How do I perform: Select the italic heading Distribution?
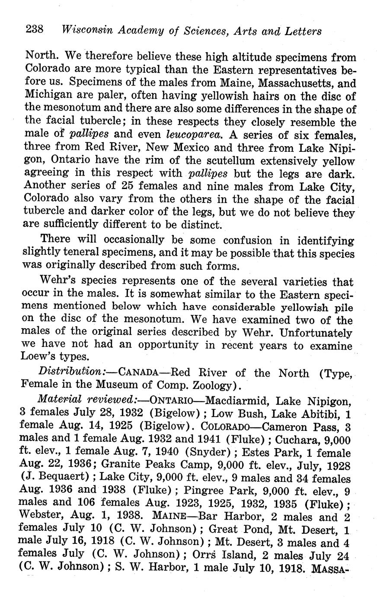(x=72, y=372)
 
